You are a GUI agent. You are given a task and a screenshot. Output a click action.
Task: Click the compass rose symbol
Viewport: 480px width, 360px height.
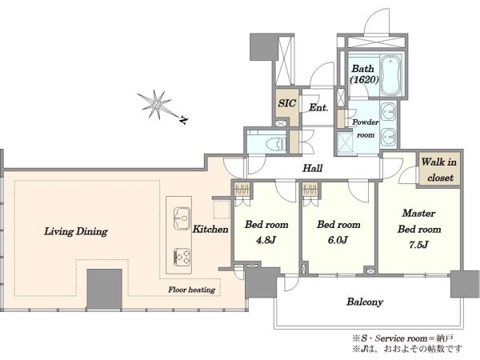pyautogui.click(x=157, y=105)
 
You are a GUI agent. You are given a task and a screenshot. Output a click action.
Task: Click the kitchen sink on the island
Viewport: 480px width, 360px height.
pyautogui.click(x=182, y=218)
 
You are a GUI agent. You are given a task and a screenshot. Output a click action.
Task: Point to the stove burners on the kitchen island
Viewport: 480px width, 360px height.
pyautogui.click(x=182, y=257)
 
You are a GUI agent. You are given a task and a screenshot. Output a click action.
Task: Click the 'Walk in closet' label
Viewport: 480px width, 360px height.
pyautogui.click(x=439, y=170)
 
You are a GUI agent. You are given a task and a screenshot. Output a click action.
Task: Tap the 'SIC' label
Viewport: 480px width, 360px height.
pyautogui.click(x=287, y=103)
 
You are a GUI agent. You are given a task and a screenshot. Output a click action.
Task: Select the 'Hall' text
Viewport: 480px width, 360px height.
pyautogui.click(x=313, y=168)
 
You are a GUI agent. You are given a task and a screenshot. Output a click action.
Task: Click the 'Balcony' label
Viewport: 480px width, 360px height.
pyautogui.click(x=365, y=302)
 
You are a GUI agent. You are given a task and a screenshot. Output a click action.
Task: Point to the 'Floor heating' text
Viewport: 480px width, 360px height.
pyautogui.click(x=192, y=290)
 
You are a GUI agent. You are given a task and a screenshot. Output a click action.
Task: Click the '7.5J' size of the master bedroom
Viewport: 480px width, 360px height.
pyautogui.click(x=418, y=245)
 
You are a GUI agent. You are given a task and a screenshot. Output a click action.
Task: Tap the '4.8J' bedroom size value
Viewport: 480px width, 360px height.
pyautogui.click(x=266, y=240)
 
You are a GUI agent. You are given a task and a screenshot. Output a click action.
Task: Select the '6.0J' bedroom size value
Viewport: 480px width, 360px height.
pyautogui.click(x=338, y=240)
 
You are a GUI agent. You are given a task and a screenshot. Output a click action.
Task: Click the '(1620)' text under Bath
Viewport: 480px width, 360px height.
pyautogui.click(x=364, y=79)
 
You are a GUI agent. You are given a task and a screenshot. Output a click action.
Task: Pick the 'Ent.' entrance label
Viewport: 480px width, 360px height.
pyautogui.click(x=318, y=107)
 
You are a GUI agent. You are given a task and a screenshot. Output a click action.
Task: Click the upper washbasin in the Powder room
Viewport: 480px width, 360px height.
pyautogui.click(x=388, y=112)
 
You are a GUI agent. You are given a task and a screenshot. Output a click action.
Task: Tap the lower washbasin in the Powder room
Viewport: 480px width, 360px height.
pyautogui.click(x=388, y=137)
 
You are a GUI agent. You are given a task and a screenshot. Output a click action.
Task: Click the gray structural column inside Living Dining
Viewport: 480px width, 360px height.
pyautogui.click(x=104, y=289)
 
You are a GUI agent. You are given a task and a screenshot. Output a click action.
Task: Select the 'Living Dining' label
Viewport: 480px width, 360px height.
pyautogui.click(x=76, y=231)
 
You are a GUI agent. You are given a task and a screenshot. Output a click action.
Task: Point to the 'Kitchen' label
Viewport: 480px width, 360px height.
pyautogui.click(x=210, y=229)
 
